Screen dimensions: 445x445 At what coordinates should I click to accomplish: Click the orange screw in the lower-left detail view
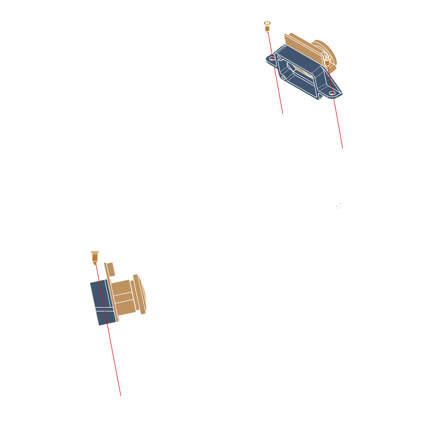click(x=95, y=257)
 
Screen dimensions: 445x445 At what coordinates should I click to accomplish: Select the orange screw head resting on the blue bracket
click(x=327, y=60)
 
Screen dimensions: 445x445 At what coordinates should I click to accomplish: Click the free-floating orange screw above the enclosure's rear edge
click(x=267, y=26)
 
